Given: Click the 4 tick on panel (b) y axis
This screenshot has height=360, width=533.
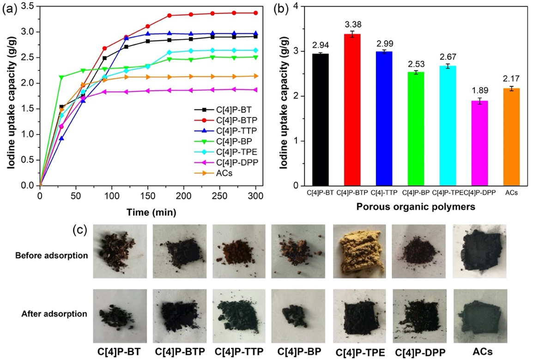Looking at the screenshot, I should click(x=294, y=6).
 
